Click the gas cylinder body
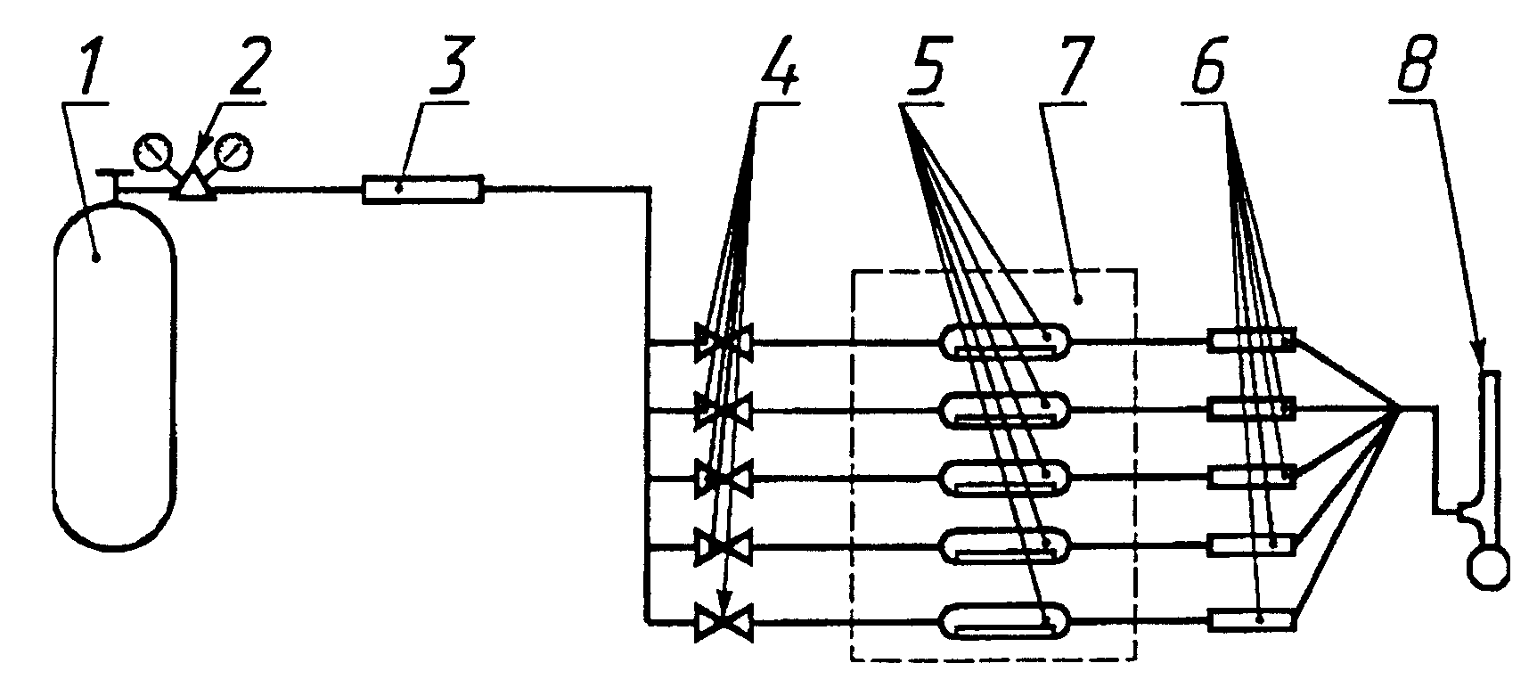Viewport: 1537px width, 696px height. [x=115, y=374]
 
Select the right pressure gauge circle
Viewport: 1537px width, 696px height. [x=234, y=152]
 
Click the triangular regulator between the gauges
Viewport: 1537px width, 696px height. [x=192, y=185]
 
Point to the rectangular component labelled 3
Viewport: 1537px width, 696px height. [x=422, y=189]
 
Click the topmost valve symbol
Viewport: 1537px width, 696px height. [x=724, y=341]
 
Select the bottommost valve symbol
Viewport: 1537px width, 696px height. [x=724, y=621]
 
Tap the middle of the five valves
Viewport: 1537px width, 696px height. [x=724, y=480]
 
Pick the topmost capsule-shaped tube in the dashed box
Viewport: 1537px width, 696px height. [x=1007, y=340]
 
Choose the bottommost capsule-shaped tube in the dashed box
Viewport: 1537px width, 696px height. [x=1007, y=621]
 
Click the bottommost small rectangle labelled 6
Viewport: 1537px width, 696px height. [x=1252, y=619]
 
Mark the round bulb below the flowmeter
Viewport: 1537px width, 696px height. [x=1489, y=569]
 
